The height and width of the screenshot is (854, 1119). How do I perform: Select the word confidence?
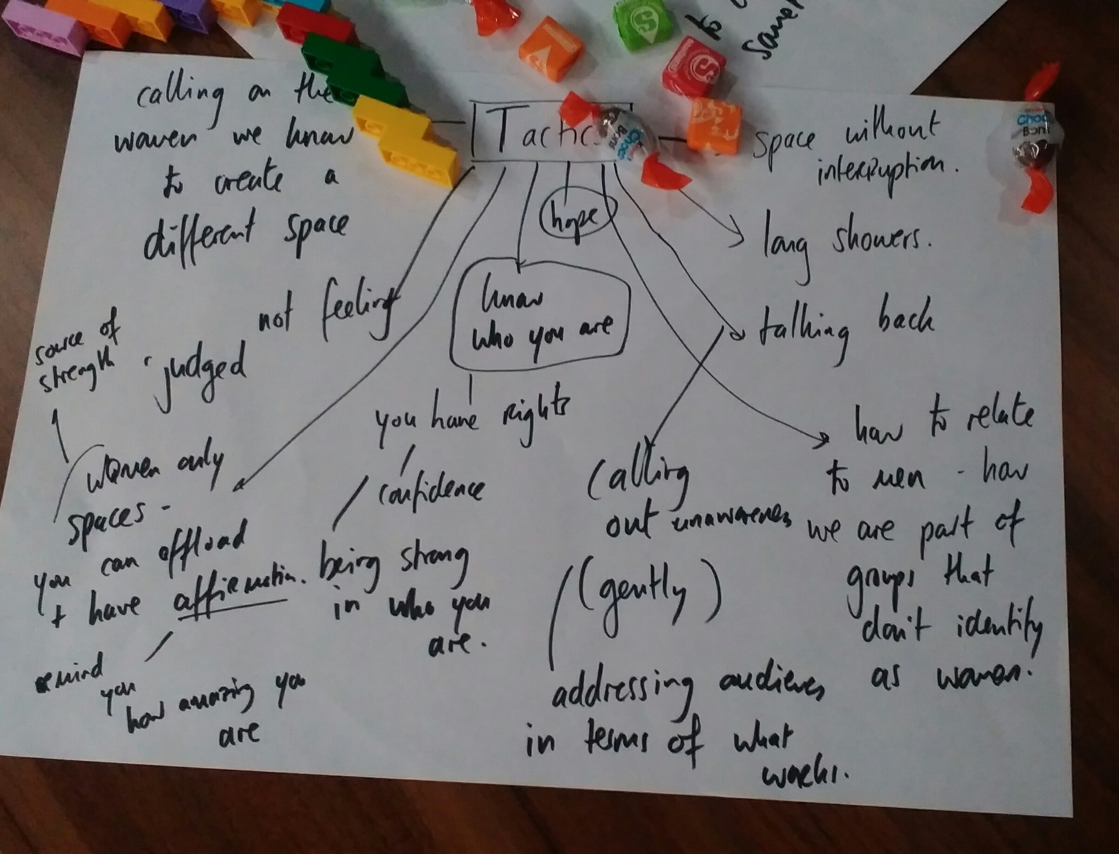pos(430,488)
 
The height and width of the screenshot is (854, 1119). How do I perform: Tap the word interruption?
pos(884,173)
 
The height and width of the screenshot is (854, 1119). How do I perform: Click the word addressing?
pos(623,692)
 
